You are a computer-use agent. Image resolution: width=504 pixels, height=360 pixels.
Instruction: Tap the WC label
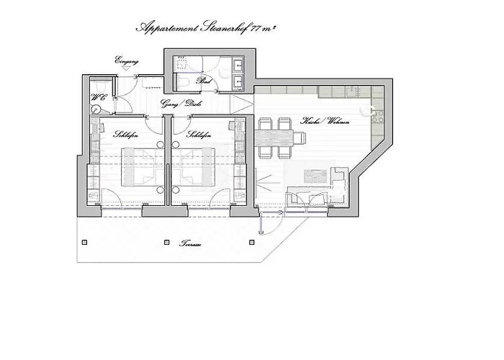[x=97, y=97]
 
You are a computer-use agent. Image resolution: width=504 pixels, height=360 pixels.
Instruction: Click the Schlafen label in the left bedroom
[x=126, y=134]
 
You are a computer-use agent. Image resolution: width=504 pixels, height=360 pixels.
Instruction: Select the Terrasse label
[x=190, y=246]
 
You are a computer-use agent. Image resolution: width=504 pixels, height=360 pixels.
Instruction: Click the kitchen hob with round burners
[x=374, y=111]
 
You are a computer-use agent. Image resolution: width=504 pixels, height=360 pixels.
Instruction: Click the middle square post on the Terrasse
[x=167, y=243]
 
